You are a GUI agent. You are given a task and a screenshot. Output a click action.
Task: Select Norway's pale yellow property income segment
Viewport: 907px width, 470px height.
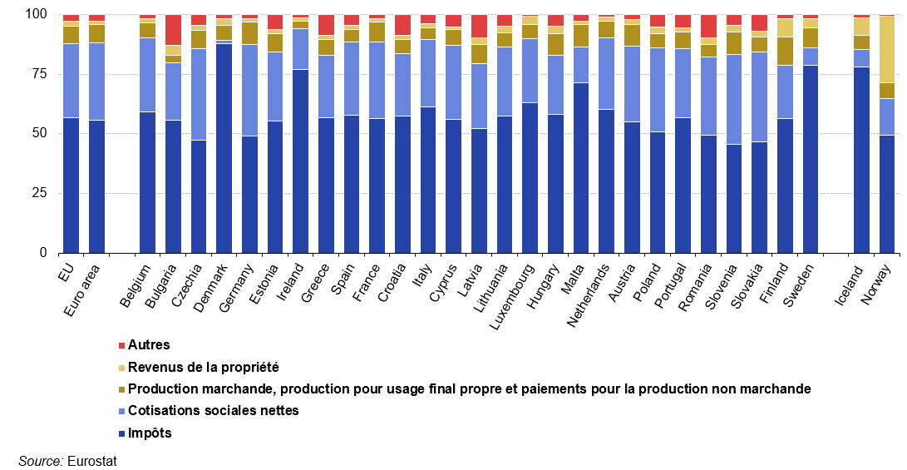coord(887,49)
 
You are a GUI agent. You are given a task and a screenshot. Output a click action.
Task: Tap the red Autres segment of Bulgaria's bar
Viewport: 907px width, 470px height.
coord(173,30)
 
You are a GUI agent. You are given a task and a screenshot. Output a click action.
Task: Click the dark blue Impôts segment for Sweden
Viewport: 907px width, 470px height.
coord(811,159)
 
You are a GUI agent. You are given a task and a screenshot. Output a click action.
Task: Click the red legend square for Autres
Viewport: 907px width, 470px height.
coord(122,344)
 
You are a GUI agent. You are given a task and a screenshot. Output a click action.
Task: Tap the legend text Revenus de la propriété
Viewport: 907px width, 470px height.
coord(204,367)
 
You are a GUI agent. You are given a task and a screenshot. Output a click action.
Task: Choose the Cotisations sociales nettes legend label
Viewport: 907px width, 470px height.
coord(214,410)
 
